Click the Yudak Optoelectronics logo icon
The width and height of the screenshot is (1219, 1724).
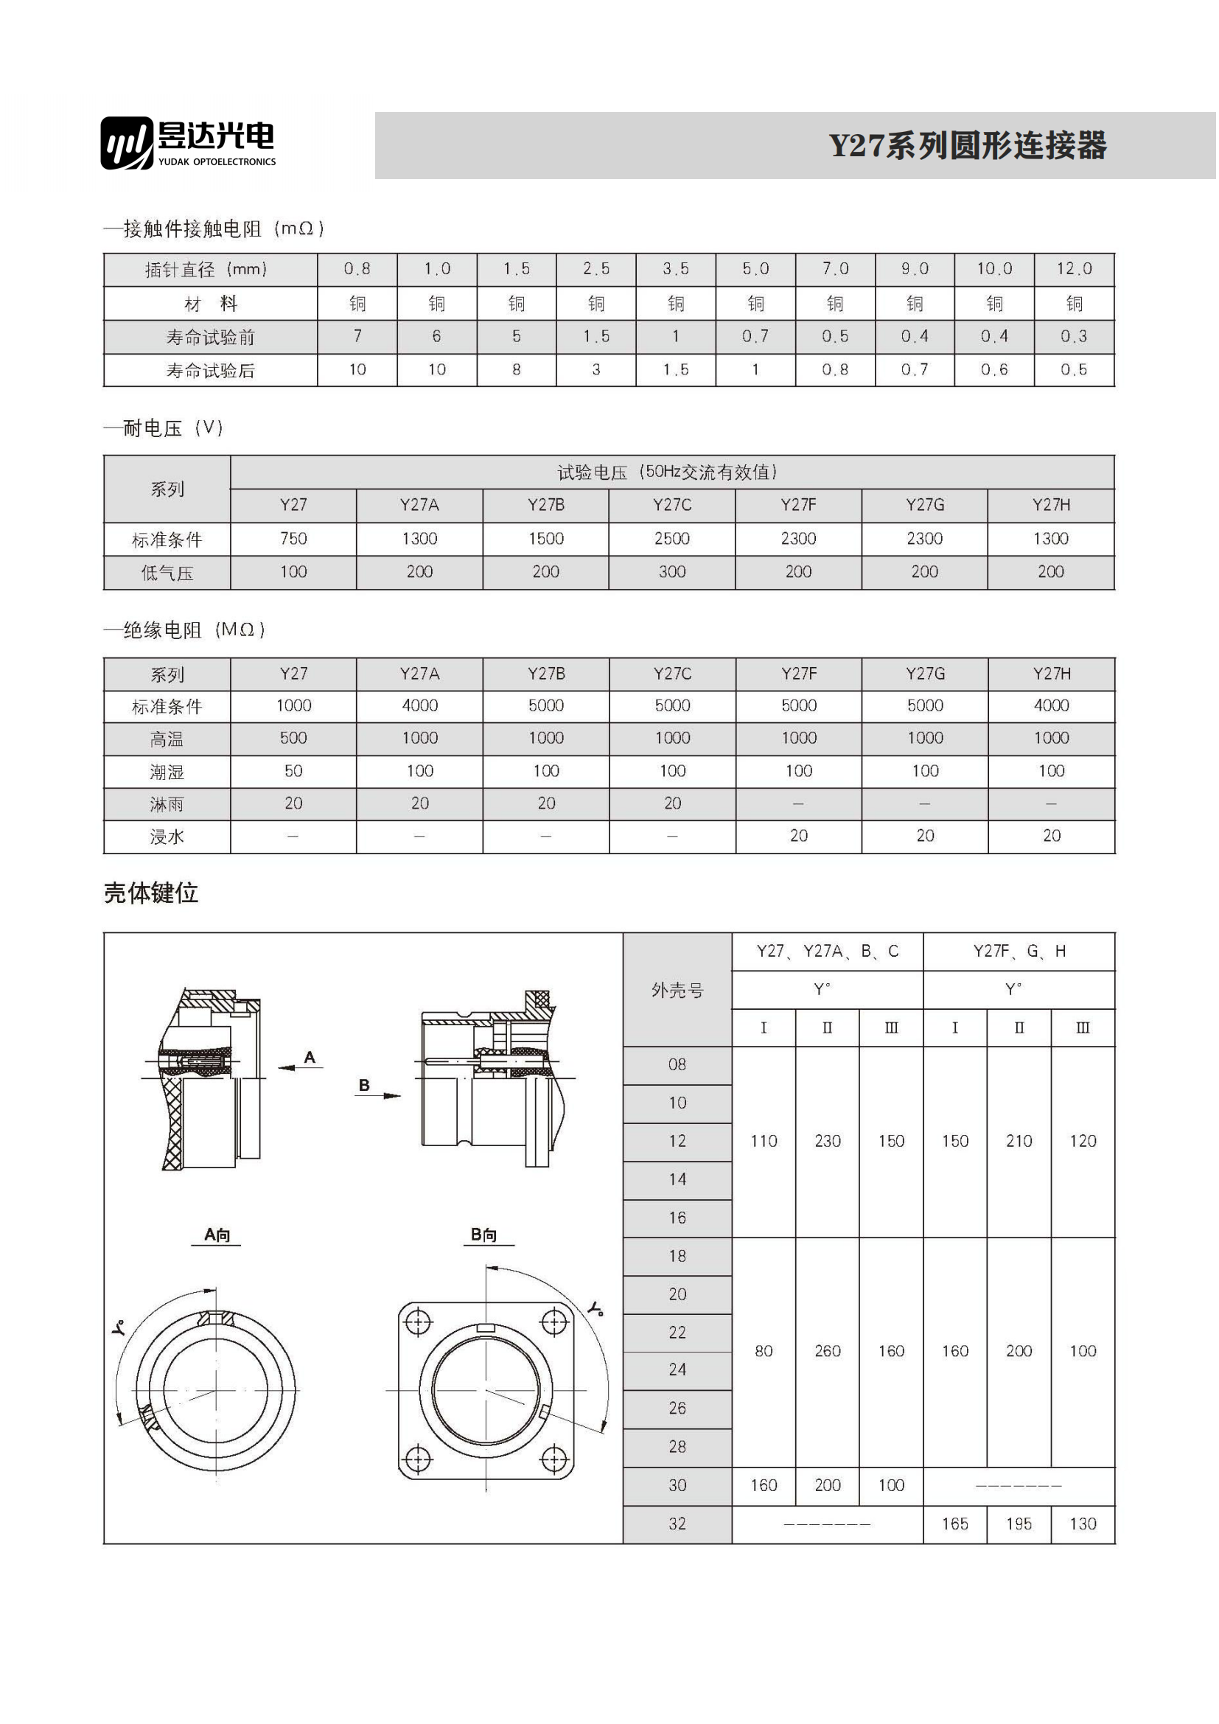pyautogui.click(x=127, y=143)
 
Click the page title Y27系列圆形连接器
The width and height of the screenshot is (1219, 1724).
pyautogui.click(x=969, y=146)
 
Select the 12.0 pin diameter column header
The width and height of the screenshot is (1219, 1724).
pyautogui.click(x=1076, y=270)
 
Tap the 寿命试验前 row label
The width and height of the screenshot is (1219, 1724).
pyautogui.click(x=211, y=338)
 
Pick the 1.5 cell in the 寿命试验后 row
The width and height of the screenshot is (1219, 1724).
pyautogui.click(x=677, y=370)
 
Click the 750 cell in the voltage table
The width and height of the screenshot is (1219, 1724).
pyautogui.click(x=293, y=539)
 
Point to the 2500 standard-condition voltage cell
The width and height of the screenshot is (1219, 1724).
pyautogui.click(x=674, y=539)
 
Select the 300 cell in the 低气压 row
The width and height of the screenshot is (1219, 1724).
pyautogui.click(x=674, y=572)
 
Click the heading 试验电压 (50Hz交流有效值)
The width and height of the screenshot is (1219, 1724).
pyautogui.click(x=668, y=472)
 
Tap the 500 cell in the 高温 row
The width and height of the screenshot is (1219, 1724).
pyautogui.click(x=293, y=739)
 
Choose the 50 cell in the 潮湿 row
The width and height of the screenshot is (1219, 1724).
pyautogui.click(x=293, y=772)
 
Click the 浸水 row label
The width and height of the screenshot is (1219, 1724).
pyautogui.click(x=167, y=837)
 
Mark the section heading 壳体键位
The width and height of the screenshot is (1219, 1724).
pyautogui.click(x=151, y=893)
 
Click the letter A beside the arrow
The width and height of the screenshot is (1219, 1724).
pyautogui.click(x=310, y=1058)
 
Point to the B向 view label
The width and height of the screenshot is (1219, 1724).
pyautogui.click(x=484, y=1235)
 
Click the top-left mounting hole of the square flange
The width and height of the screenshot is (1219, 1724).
pyautogui.click(x=418, y=1322)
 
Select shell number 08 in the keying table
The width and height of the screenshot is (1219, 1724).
pyautogui.click(x=679, y=1066)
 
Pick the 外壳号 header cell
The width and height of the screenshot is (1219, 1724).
pyautogui.click(x=679, y=991)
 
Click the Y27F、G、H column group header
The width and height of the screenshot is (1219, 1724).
pyautogui.click(x=1021, y=952)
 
